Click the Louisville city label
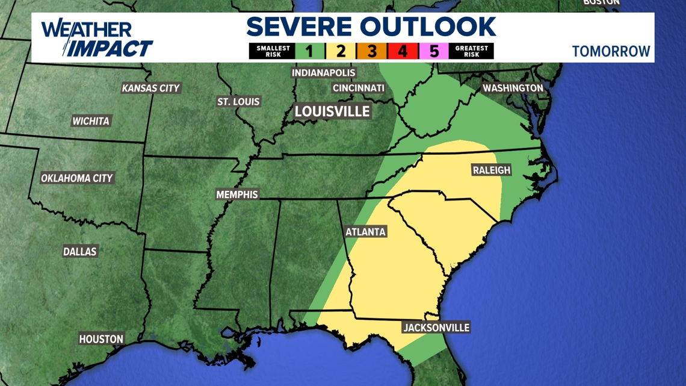coord(332,111)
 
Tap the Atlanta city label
coord(365,232)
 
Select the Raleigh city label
coord(491,170)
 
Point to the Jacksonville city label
coord(436,328)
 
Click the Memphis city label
coord(237,195)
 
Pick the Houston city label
coord(101,339)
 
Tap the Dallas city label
coord(80,251)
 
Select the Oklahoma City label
coord(77,178)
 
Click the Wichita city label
coord(91,121)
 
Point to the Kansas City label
coord(151,88)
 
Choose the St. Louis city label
coord(238,102)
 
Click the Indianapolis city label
coord(324,73)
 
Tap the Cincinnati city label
coord(359,88)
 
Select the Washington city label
coord(513,88)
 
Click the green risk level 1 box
coord(309,51)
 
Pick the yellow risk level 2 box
coord(341,51)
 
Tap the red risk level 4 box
coord(403,51)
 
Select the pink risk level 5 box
coord(434,51)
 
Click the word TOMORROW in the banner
coord(611,51)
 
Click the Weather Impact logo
coord(96,39)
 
